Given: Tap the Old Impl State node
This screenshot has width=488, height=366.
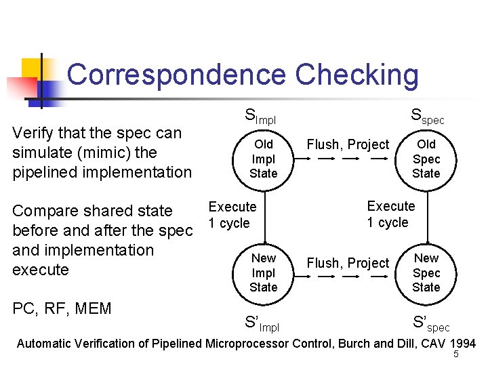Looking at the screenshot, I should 263,159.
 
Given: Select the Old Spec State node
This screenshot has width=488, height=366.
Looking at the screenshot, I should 426,159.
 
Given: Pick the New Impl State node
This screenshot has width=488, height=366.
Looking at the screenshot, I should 263,272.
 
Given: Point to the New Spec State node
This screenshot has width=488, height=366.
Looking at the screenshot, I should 426,272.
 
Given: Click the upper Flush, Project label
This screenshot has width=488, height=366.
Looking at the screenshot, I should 348,144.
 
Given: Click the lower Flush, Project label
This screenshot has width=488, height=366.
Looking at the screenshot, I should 348,263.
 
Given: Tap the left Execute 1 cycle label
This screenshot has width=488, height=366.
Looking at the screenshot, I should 232,215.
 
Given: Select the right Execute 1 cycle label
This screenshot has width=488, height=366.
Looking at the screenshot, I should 390,214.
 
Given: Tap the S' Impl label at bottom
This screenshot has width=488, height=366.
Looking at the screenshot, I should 261,324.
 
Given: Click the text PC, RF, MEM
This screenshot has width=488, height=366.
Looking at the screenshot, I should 62,309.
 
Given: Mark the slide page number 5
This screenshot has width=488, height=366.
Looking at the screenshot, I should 456,354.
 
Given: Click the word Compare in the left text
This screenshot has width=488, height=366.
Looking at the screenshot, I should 45,211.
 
